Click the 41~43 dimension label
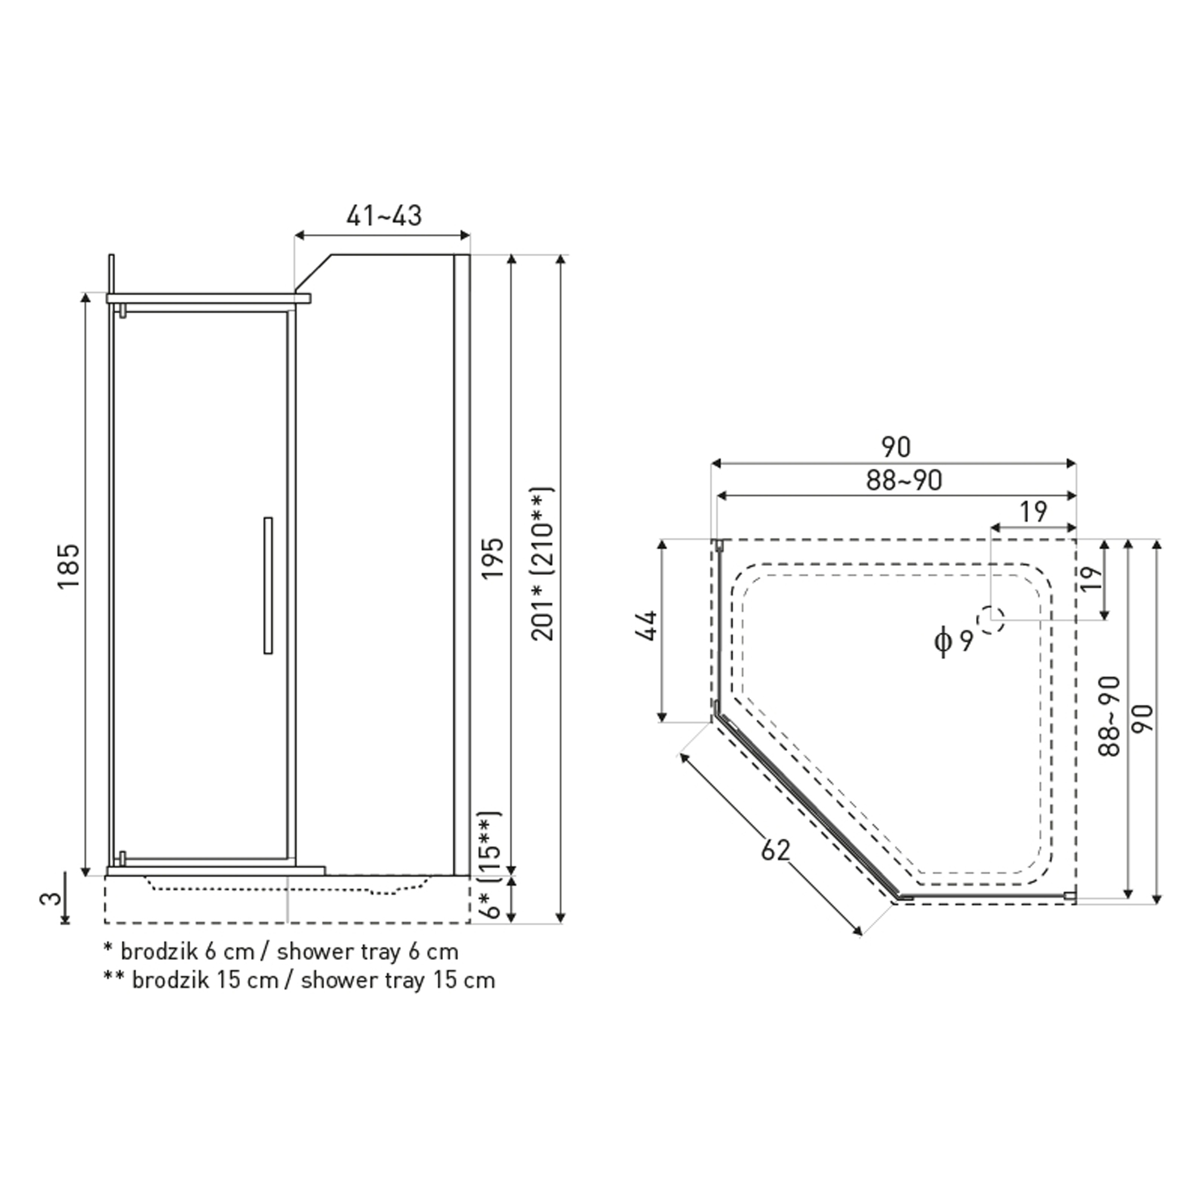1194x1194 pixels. (x=384, y=216)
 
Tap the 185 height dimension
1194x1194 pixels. (x=69, y=566)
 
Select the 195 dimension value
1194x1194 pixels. (x=493, y=559)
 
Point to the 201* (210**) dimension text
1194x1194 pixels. (x=543, y=564)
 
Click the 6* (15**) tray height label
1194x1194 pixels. (x=489, y=864)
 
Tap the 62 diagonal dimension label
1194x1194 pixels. (x=776, y=851)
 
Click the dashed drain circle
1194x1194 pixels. (x=990, y=620)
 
